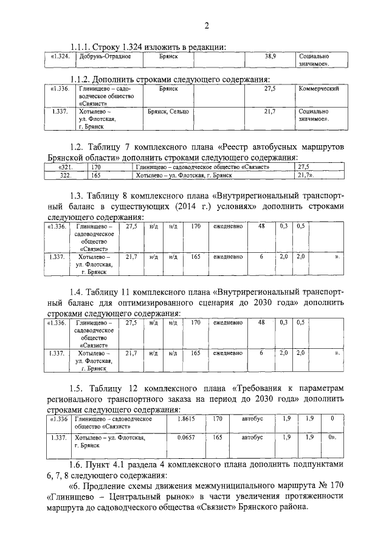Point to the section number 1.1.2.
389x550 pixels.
(83, 78)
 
